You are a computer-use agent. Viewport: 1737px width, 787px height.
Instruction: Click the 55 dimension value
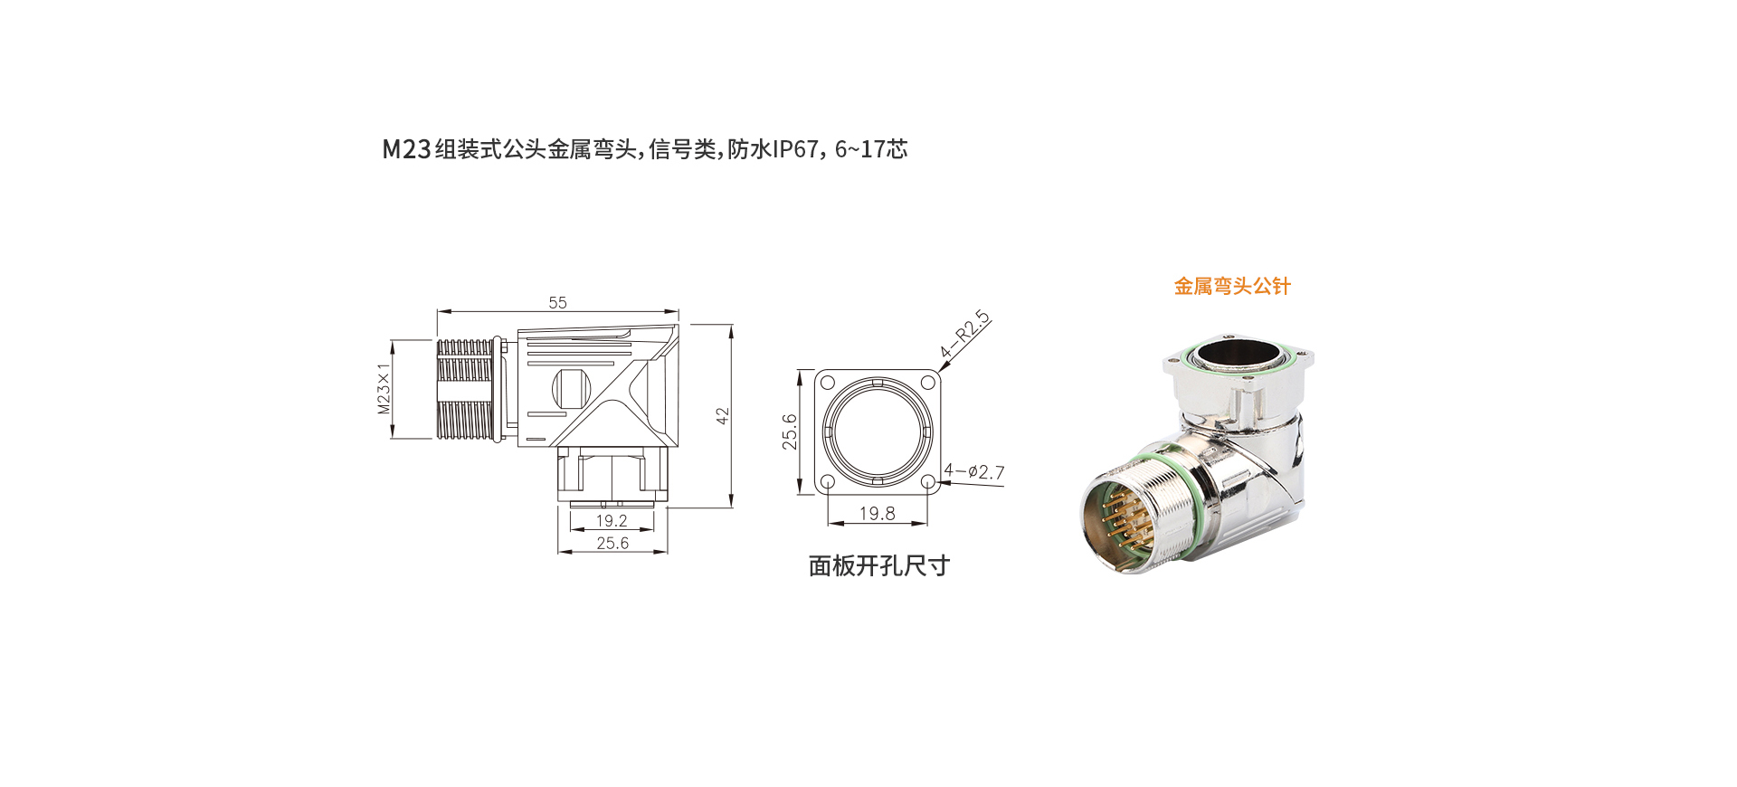557,303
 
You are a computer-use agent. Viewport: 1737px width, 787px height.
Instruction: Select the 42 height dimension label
722,416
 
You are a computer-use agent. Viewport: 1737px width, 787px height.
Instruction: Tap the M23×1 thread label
384,388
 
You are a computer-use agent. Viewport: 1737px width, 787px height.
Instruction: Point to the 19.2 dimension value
612,521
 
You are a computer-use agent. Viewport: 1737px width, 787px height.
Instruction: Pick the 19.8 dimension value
877,514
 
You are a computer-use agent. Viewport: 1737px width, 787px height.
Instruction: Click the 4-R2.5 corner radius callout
964,335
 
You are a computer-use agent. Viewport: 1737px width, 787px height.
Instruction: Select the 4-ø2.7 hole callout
974,471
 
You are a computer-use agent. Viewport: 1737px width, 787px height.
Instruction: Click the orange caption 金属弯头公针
1232,287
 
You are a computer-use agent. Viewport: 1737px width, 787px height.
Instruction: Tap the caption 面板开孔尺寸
878,566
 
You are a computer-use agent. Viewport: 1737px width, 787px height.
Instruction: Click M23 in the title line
406,149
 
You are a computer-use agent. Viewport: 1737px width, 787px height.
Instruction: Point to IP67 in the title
795,149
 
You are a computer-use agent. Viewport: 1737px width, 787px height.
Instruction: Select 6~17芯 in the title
871,149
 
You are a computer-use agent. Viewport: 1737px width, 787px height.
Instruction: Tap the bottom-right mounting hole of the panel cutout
927,482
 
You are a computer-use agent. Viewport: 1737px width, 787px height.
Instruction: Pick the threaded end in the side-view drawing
466,390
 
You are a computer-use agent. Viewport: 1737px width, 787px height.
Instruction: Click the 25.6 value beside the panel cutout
790,431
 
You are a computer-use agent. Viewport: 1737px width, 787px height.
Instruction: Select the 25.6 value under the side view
612,543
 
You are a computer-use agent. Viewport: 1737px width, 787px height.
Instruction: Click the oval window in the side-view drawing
571,389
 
